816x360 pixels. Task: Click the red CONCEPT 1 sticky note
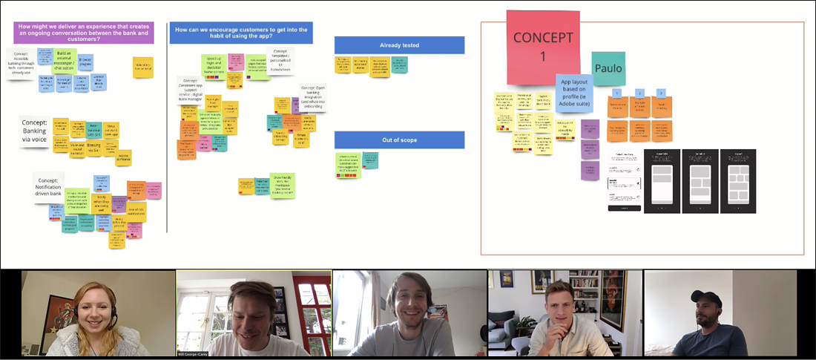543,46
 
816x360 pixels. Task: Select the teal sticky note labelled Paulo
608,68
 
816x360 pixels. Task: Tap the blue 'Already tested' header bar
399,45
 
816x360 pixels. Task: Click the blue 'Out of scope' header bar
399,140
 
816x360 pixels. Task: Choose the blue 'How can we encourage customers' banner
241,33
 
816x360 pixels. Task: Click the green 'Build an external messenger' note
66,57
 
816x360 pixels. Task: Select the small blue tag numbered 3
661,94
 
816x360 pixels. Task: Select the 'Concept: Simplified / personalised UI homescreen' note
280,61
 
